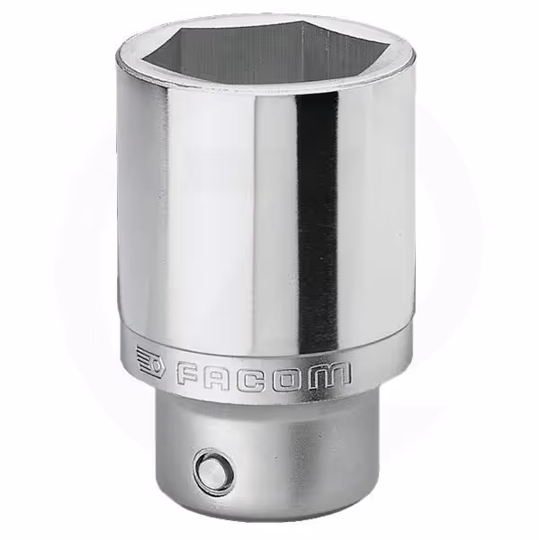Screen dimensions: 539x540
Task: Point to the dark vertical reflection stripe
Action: (317, 220)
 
